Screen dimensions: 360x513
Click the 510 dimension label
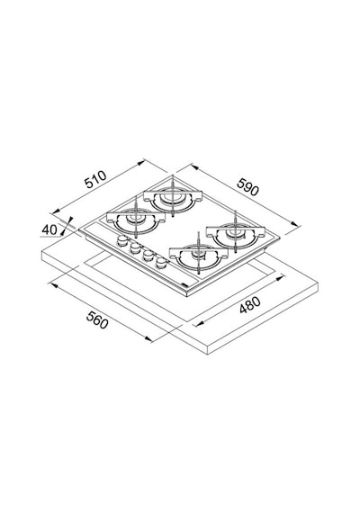click(x=95, y=179)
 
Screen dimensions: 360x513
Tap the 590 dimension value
click(x=247, y=187)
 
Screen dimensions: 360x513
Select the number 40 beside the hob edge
click(x=49, y=229)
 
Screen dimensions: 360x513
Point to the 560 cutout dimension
click(x=97, y=319)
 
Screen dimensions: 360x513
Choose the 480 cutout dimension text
click(x=249, y=304)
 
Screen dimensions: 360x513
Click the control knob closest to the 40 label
click(x=122, y=240)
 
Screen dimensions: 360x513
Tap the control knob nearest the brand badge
click(x=161, y=263)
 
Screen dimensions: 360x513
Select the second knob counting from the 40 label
click(x=135, y=248)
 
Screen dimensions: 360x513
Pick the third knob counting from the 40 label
click(x=148, y=256)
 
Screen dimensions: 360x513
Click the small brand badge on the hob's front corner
click(x=184, y=285)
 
